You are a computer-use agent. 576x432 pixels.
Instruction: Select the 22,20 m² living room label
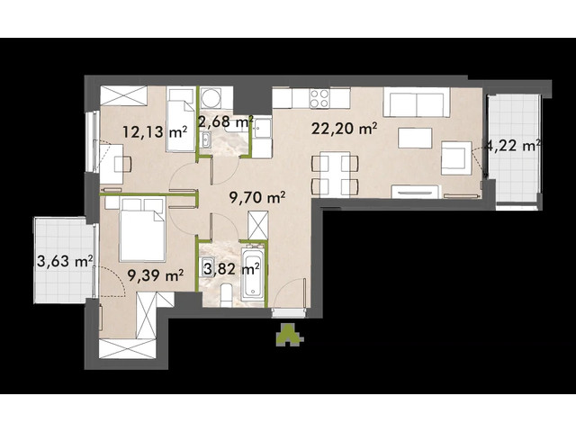342,129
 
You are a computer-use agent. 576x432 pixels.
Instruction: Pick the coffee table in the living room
414,138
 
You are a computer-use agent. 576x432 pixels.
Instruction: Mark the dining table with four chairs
336,174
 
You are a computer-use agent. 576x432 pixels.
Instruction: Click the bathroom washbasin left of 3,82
208,268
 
